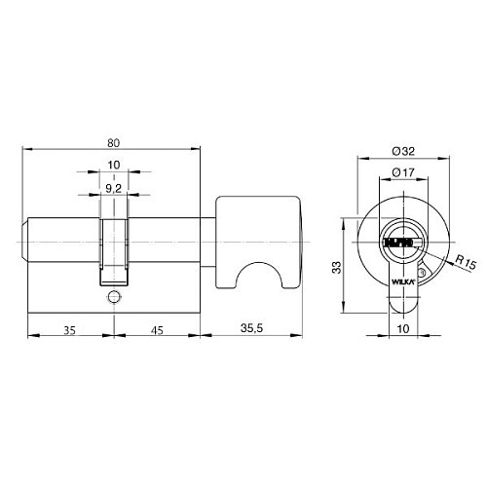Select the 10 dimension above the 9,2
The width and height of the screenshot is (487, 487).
tap(113, 166)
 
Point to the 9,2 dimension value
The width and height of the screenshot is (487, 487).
tap(113, 188)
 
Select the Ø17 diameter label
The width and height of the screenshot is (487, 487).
tap(400, 172)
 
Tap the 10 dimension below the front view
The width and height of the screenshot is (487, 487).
tap(401, 328)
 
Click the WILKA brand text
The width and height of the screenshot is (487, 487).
tap(402, 281)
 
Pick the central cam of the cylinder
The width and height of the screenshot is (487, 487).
tap(113, 243)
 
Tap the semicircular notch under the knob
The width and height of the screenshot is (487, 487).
tap(260, 279)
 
